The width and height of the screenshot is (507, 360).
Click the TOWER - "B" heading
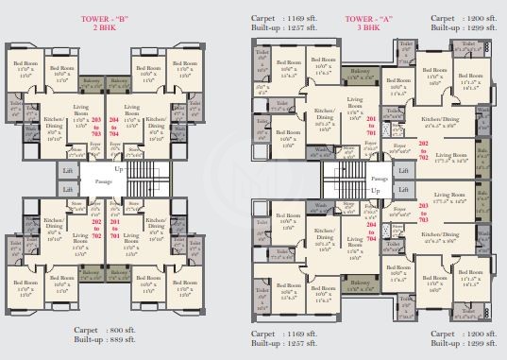click(x=103, y=19)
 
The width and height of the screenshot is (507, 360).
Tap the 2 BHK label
click(x=103, y=29)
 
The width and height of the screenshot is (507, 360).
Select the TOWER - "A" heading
click(x=365, y=18)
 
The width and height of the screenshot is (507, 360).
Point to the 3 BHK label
click(x=365, y=28)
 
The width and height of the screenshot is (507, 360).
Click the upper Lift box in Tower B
click(x=66, y=168)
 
